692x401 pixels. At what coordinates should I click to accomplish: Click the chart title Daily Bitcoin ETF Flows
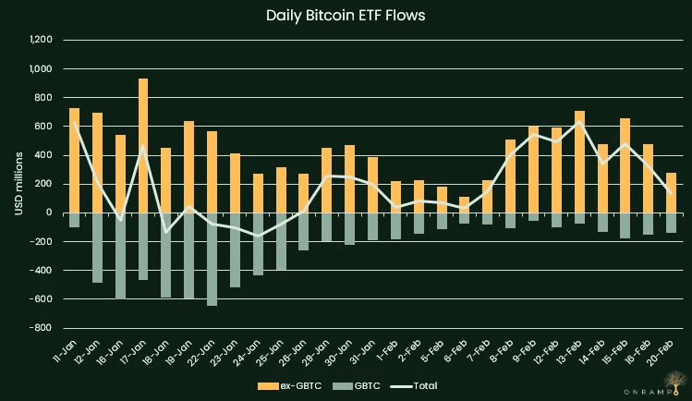[x=345, y=16]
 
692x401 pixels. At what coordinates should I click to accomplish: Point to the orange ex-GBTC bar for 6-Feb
[x=464, y=204]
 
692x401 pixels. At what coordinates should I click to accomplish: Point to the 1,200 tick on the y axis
[x=41, y=40]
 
